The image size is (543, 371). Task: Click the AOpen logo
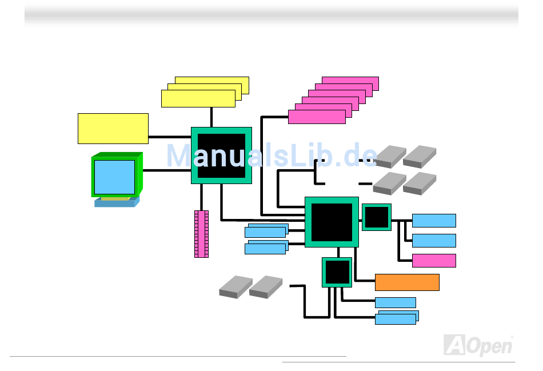tap(478, 345)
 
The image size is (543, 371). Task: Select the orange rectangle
tap(407, 282)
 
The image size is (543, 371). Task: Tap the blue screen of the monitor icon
tap(114, 177)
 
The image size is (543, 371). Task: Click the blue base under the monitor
tap(117, 202)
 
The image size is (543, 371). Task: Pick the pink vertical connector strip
tap(201, 234)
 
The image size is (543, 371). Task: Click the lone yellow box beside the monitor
tap(113, 128)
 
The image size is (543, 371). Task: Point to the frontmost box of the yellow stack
tap(198, 98)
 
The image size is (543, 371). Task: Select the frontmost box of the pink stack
tap(316, 117)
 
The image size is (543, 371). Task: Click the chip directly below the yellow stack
tap(221, 155)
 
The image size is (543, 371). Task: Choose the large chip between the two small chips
tap(332, 222)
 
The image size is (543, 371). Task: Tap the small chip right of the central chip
tap(376, 217)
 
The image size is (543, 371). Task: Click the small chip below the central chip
tap(337, 272)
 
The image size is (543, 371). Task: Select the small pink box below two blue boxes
tap(434, 261)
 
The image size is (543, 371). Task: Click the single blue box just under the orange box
tap(395, 302)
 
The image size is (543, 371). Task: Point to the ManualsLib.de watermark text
tap(271, 155)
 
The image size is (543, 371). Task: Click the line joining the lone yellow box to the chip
tap(169, 137)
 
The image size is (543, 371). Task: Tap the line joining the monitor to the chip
tap(166, 170)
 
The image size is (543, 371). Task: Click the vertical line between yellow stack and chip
tap(211, 117)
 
